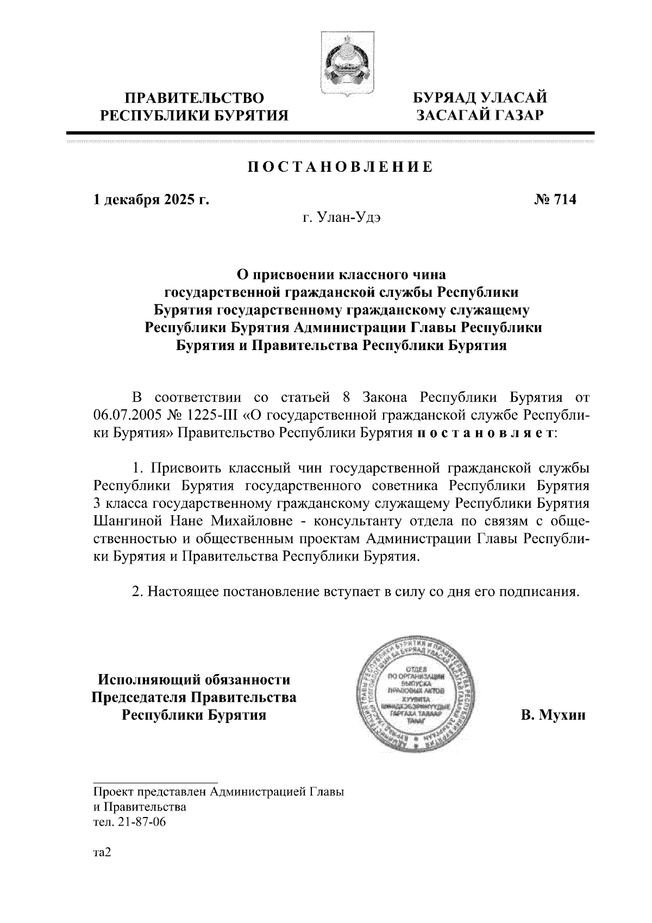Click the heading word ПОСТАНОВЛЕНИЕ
pyautogui.click(x=341, y=167)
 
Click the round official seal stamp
pyautogui.click(x=416, y=696)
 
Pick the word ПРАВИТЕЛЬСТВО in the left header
pyautogui.click(x=195, y=98)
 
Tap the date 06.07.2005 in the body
pyautogui.click(x=124, y=416)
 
